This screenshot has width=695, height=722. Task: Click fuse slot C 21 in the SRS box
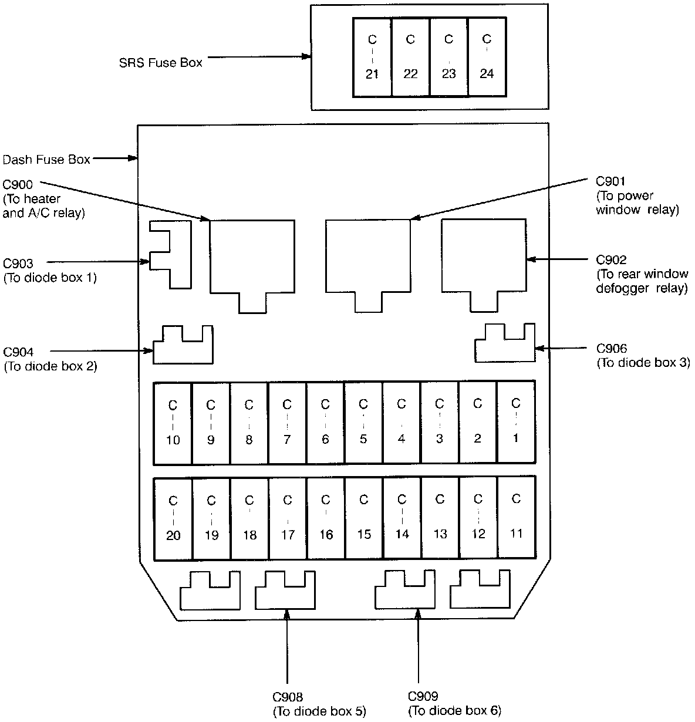coord(372,57)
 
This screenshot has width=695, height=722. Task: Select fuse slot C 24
coord(487,57)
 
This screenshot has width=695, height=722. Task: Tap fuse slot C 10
coord(173,422)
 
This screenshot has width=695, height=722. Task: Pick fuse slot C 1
coord(516,422)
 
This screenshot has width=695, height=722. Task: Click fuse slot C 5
coord(363,422)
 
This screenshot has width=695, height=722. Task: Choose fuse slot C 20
coord(173,518)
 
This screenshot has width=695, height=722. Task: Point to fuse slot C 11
coord(517,518)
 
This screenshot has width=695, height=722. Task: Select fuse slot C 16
coord(326,518)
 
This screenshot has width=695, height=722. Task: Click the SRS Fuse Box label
coord(160,62)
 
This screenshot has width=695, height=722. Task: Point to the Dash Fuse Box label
coord(46,159)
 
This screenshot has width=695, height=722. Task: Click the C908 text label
coord(288,697)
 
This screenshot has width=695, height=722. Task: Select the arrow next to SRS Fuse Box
coord(258,58)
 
